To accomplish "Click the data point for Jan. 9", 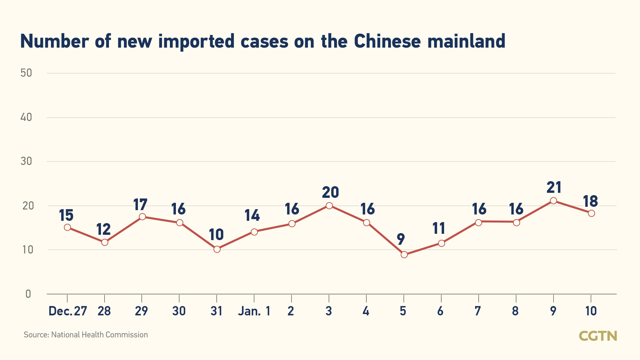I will click(x=553, y=201).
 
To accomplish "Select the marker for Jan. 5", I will click(x=404, y=255).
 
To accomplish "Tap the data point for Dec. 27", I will click(x=67, y=227).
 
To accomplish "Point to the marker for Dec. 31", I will click(x=217, y=249).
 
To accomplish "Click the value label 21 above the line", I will click(x=554, y=187).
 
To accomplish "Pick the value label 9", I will click(x=401, y=239).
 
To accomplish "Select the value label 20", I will click(x=330, y=192).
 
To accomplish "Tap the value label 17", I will click(x=140, y=205).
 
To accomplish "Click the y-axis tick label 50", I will click(x=26, y=73).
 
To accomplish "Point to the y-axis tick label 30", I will click(x=26, y=162).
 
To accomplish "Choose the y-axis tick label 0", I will click(x=28, y=294).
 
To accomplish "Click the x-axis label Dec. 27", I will click(x=68, y=311).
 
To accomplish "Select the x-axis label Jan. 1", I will click(x=254, y=311).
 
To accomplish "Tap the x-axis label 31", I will click(x=217, y=311).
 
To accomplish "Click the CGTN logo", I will click(x=598, y=336).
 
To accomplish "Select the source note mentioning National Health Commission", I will click(x=86, y=335).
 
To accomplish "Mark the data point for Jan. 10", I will click(x=591, y=213).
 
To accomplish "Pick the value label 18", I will click(x=591, y=201).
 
